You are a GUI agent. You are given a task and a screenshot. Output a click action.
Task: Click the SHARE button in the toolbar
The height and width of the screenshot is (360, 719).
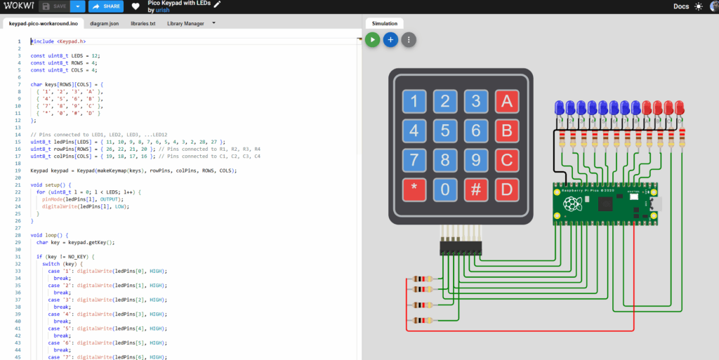(106, 6)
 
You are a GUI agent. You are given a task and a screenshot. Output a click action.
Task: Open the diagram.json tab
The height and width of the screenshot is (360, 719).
(105, 23)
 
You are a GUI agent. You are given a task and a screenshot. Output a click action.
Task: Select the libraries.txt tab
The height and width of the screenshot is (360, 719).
(143, 23)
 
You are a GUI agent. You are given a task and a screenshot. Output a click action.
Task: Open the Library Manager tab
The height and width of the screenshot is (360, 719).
(185, 23)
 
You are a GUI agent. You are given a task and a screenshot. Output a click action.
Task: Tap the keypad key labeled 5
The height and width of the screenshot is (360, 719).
(445, 131)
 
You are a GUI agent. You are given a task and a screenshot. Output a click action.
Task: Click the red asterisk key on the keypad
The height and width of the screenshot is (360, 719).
(414, 189)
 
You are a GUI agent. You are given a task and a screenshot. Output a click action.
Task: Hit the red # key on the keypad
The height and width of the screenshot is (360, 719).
(476, 189)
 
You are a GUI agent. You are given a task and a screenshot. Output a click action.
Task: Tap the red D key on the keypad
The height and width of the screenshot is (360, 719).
(506, 189)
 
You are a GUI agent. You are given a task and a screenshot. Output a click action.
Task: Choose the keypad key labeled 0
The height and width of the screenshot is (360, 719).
(445, 189)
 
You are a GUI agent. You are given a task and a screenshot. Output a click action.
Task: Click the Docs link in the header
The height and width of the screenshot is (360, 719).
(680, 6)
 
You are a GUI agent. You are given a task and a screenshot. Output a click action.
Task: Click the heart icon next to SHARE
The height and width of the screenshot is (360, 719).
(136, 6)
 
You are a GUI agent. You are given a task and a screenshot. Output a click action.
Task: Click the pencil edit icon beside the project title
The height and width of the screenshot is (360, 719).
(217, 4)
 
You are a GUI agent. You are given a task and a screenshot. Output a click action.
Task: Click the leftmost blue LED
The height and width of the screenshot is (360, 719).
(560, 107)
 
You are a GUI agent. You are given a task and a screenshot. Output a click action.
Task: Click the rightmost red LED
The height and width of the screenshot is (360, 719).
(680, 107)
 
